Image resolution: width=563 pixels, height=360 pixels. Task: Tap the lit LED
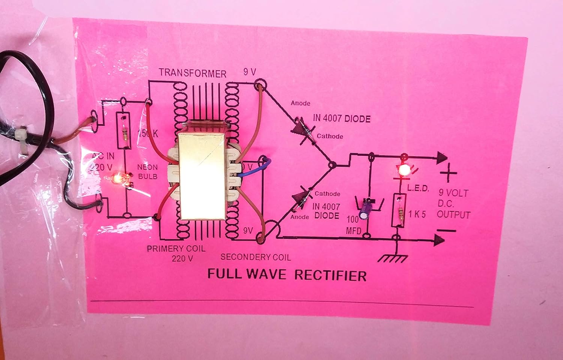point(404,170)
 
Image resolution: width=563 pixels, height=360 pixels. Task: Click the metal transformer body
point(203,175)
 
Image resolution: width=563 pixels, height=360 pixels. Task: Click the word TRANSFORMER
point(192,73)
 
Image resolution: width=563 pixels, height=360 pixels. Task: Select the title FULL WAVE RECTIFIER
point(287,275)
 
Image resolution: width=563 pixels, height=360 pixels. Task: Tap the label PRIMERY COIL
point(176,249)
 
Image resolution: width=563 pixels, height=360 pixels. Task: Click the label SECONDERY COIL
point(256,257)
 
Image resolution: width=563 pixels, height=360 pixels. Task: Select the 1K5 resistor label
point(417,214)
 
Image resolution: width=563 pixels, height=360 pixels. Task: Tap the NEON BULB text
point(148,172)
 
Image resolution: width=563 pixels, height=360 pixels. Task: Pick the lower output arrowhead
point(439,239)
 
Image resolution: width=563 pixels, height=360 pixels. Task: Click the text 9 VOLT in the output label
point(453,193)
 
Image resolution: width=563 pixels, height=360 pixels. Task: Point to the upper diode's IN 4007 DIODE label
point(341,119)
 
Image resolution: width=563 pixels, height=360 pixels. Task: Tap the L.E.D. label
point(418,188)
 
